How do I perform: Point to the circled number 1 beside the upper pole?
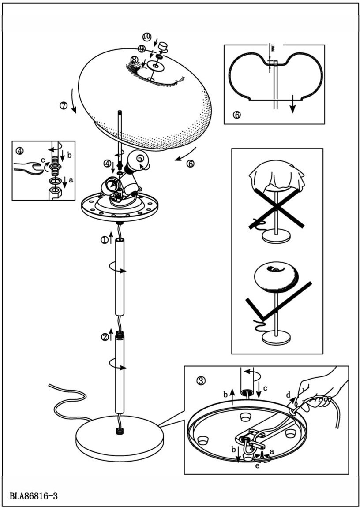click(x=104, y=240)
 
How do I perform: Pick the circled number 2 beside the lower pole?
click(x=105, y=337)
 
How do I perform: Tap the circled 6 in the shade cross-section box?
click(x=237, y=115)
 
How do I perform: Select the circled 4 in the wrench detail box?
click(x=19, y=150)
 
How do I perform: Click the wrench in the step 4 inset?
click(x=26, y=168)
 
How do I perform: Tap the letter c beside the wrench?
click(x=43, y=160)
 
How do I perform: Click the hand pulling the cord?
click(x=320, y=388)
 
